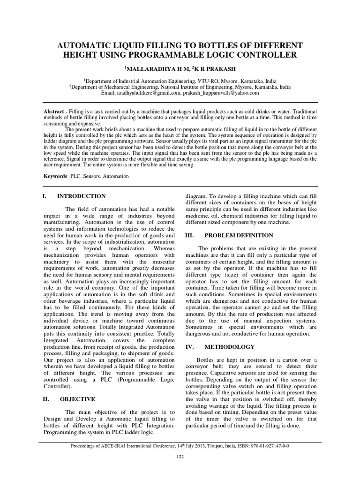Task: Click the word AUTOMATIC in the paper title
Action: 83,45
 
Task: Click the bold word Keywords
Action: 56,176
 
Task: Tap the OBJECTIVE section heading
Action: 77,399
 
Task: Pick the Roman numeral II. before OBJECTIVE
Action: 46,399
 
